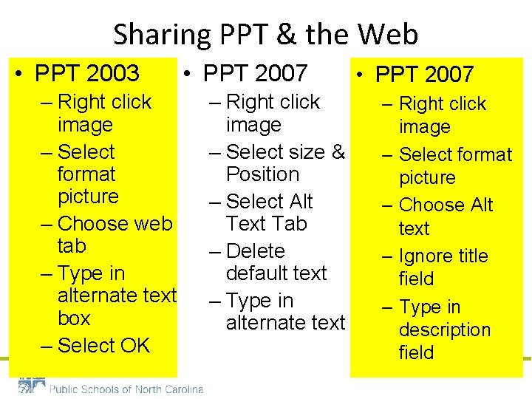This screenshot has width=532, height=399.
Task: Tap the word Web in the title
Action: click(389, 35)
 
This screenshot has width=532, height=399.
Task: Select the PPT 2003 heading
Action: click(86, 73)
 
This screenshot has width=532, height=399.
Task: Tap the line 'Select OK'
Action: click(103, 345)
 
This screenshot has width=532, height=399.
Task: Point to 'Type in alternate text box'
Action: click(115, 296)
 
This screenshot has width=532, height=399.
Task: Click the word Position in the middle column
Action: click(262, 174)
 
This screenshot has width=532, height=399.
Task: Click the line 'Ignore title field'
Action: click(442, 267)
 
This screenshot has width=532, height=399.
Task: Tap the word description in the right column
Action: click(445, 330)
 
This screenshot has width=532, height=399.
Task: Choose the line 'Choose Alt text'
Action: click(445, 216)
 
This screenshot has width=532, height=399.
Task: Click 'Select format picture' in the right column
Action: click(454, 166)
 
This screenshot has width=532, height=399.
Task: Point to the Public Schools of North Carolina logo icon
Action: click(32, 387)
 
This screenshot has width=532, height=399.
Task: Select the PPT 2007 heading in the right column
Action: click(424, 74)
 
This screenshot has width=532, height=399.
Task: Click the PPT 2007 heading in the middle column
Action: click(255, 73)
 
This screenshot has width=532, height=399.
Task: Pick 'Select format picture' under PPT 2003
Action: click(86, 174)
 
